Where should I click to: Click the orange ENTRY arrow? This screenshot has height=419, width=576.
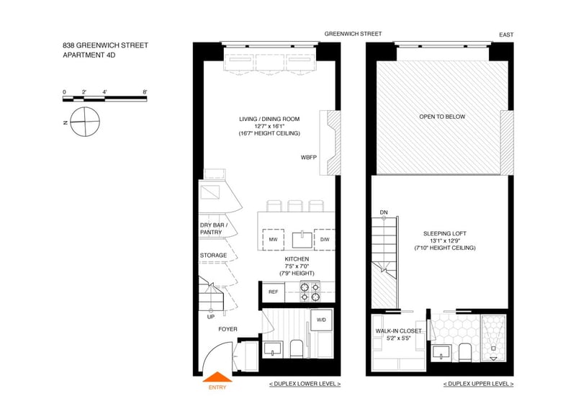pyautogui.click(x=217, y=377)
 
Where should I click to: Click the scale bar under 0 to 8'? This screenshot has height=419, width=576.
pyautogui.click(x=104, y=99)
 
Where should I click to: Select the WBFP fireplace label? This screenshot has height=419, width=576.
pyautogui.click(x=309, y=158)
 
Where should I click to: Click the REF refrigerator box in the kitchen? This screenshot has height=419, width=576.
pyautogui.click(x=274, y=292)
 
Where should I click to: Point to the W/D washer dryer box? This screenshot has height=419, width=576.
pyautogui.click(x=321, y=320)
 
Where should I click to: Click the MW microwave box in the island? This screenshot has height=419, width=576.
pyautogui.click(x=273, y=240)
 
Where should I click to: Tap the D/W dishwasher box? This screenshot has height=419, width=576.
pyautogui.click(x=325, y=240)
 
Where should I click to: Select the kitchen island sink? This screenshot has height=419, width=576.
pyautogui.click(x=302, y=240)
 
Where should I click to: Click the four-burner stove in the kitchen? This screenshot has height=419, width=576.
pyautogui.click(x=310, y=292)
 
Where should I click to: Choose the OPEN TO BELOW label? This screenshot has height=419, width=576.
pyautogui.click(x=442, y=117)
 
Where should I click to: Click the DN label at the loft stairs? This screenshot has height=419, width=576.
pyautogui.click(x=384, y=212)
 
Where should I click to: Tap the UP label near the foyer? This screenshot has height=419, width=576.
pyautogui.click(x=211, y=317)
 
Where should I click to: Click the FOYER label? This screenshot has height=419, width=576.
pyautogui.click(x=228, y=329)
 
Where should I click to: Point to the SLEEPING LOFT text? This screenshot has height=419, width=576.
pyautogui.click(x=445, y=233)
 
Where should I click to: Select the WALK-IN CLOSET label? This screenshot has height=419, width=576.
pyautogui.click(x=399, y=331)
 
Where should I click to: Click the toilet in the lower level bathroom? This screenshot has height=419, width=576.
pyautogui.click(x=296, y=348)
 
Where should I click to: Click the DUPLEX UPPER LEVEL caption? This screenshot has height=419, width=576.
pyautogui.click(x=478, y=384)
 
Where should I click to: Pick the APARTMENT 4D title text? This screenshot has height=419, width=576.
pyautogui.click(x=89, y=55)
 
